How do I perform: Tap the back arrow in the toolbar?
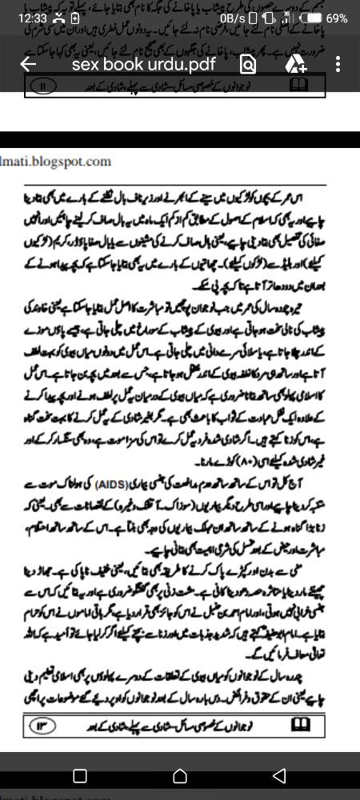28,65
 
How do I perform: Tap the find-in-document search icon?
248,65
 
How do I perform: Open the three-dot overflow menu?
339,65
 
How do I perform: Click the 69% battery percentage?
337,18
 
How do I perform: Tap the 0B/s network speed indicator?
232,18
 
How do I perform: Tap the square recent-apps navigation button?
80,775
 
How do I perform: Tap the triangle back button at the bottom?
278,775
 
